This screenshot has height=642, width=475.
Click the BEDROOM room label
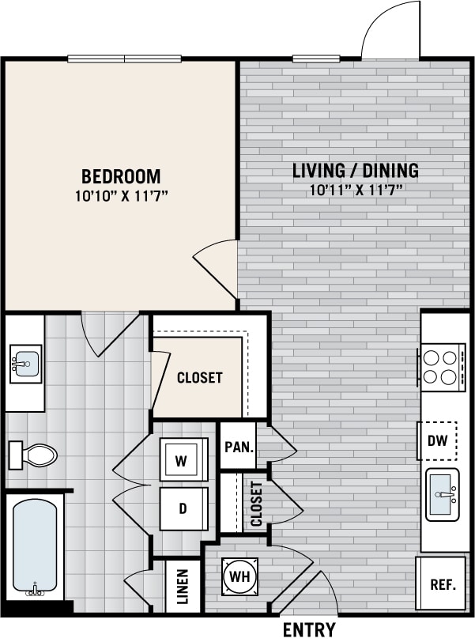[121, 176]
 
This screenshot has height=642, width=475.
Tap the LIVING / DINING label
[355, 170]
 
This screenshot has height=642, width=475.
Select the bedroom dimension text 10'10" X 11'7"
[121, 194]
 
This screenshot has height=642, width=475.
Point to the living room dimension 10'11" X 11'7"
[356, 189]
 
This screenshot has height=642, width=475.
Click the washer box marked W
[183, 461]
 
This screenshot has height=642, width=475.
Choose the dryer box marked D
[183, 508]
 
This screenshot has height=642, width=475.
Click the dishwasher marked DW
[437, 441]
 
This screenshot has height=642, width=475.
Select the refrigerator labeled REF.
[442, 585]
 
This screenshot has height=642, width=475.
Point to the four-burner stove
[443, 366]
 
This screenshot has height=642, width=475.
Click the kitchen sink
[443, 495]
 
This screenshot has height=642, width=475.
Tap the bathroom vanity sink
[25, 364]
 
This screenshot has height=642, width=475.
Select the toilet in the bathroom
[33, 455]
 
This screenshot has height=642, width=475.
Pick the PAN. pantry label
[239, 447]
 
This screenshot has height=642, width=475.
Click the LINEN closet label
[183, 586]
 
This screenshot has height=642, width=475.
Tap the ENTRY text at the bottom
[309, 630]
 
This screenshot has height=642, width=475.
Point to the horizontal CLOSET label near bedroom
[199, 378]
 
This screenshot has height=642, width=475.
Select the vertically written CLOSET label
[256, 504]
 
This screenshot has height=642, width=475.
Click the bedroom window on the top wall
[124, 58]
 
